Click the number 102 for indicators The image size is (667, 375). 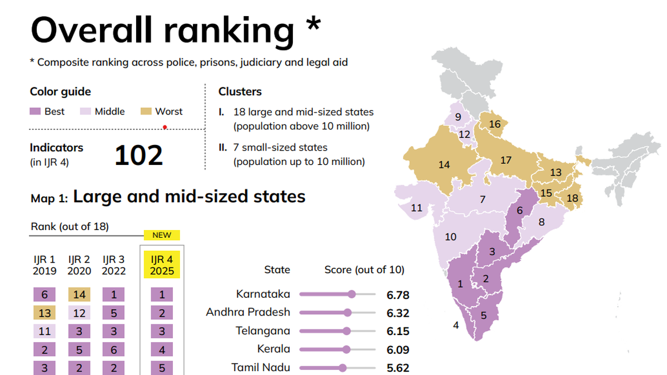pyautogui.click(x=138, y=156)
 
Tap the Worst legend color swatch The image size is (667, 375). pyautogui.click(x=146, y=112)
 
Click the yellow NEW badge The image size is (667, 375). pyautogui.click(x=162, y=235)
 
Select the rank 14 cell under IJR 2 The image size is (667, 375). pyautogui.click(x=79, y=294)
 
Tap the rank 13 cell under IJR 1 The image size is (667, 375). pyautogui.click(x=44, y=313)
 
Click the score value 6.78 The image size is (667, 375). pyautogui.click(x=398, y=295)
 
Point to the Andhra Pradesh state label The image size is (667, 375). pyautogui.click(x=248, y=312)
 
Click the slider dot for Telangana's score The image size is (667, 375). pyautogui.click(x=347, y=331)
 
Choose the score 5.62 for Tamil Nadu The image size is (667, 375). pyautogui.click(x=398, y=368)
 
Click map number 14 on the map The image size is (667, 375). pyautogui.click(x=444, y=164)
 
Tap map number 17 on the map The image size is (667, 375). pyautogui.click(x=505, y=161)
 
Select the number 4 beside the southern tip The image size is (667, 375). pyautogui.click(x=456, y=326)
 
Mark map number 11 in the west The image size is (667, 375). pyautogui.click(x=417, y=208)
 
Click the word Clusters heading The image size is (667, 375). pyautogui.click(x=240, y=92)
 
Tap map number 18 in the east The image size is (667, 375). pyautogui.click(x=572, y=198)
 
